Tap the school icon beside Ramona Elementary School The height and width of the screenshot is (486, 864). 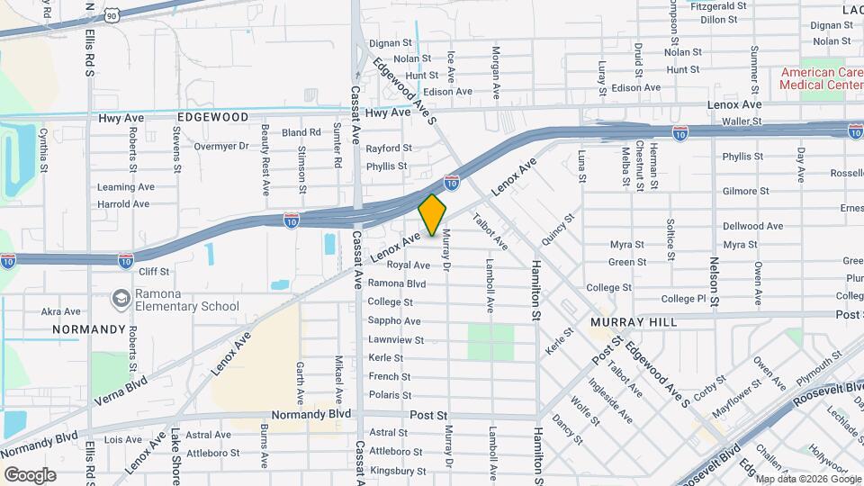coord(121,298)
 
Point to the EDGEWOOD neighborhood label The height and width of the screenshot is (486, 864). coord(212,117)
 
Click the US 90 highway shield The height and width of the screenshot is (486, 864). coord(111,14)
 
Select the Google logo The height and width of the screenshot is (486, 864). coord(31,474)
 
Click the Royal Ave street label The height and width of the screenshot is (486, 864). coord(408,265)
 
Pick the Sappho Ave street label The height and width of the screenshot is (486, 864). coord(394,321)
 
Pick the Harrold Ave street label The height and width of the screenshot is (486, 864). coord(123,204)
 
